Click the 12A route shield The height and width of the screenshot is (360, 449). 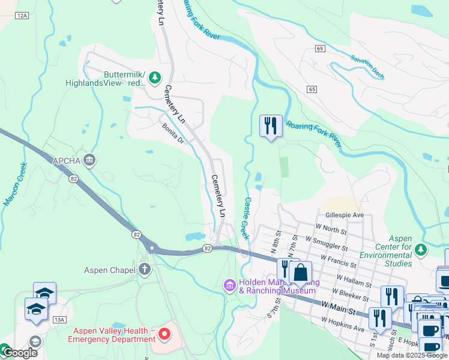[x=22, y=15]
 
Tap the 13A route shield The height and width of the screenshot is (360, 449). [x=59, y=320]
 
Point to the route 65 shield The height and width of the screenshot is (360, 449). [x=311, y=89]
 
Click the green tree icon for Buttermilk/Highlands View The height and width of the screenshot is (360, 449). [x=155, y=77]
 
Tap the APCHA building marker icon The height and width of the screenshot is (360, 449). [x=89, y=160]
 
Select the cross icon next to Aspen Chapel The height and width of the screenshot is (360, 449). [x=144, y=269]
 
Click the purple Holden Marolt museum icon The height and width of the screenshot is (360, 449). [x=229, y=286]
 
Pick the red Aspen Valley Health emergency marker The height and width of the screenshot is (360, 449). [x=163, y=331]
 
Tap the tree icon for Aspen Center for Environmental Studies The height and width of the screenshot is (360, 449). [x=421, y=248]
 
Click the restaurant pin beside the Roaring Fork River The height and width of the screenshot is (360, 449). [x=271, y=125]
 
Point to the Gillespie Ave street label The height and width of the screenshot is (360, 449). [x=345, y=215]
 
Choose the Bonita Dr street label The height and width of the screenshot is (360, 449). [x=173, y=134]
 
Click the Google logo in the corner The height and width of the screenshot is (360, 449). [x=19, y=352]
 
